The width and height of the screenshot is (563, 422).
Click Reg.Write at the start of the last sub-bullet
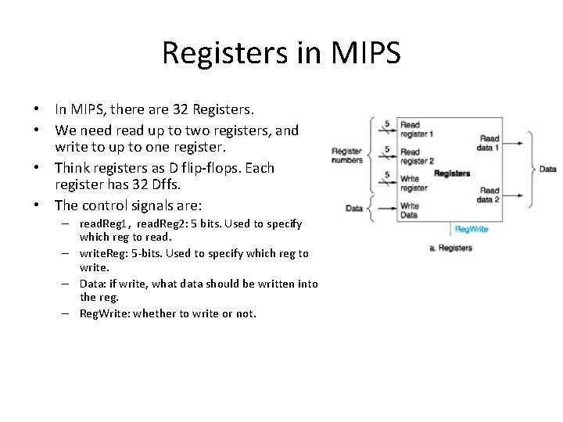tap(106, 313)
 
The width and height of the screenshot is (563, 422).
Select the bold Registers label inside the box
tap(452, 173)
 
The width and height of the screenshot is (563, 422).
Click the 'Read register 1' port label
tap(415, 130)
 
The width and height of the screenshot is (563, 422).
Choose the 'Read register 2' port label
tap(415, 156)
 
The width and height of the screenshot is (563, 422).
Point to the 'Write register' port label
tap(414, 184)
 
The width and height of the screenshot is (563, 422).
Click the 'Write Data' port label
tap(410, 210)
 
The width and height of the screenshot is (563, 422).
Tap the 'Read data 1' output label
tap(489, 143)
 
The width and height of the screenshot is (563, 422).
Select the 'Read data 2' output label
tap(489, 195)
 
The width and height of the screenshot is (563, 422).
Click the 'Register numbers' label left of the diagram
tap(347, 156)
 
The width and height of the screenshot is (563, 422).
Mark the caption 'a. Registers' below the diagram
tap(451, 248)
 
